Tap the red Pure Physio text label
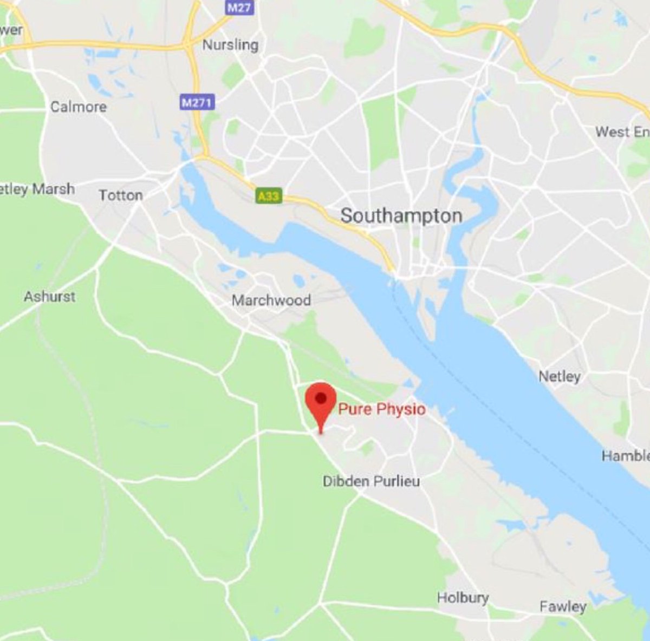382,409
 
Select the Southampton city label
401,216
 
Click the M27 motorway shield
238,7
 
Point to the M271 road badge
198,102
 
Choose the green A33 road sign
269,196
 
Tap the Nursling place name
230,44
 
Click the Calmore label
79,107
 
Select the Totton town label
121,195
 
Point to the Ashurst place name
50,297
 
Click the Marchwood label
271,300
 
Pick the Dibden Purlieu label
371,481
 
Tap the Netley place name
560,376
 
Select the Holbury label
463,598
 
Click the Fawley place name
563,607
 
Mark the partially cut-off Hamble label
626,456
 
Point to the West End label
622,132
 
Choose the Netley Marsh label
37,189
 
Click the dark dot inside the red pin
321,398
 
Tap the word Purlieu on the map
395,481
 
